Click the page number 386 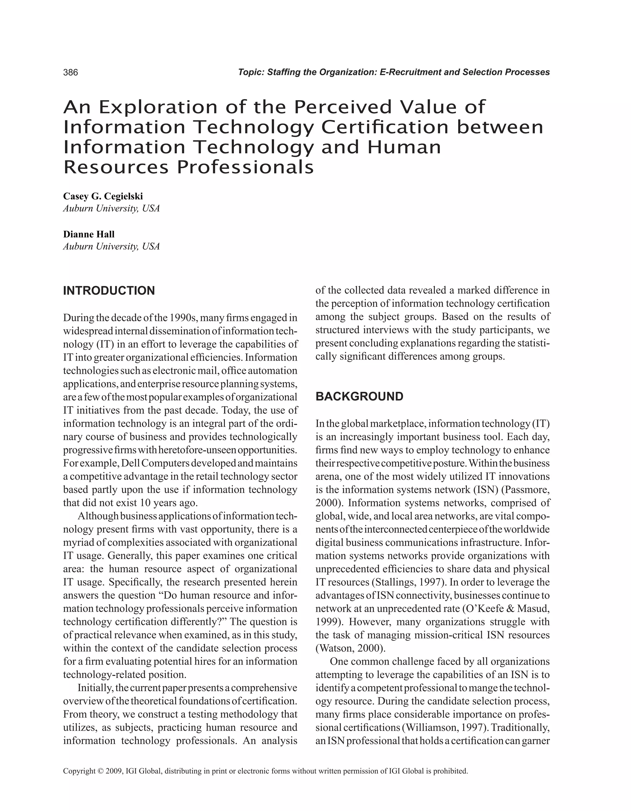point(71,72)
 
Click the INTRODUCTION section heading point(109,291)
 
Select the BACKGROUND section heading point(359,397)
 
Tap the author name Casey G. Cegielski point(103,196)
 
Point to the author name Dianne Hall point(89,234)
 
